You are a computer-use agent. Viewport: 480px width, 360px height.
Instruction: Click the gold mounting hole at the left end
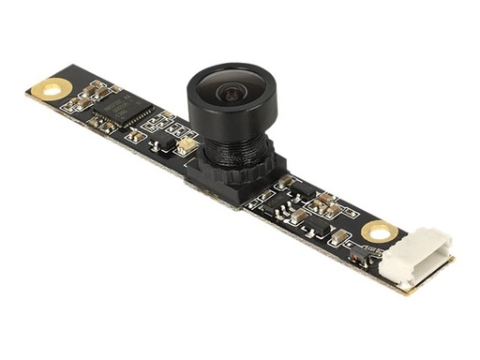point(47,89)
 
